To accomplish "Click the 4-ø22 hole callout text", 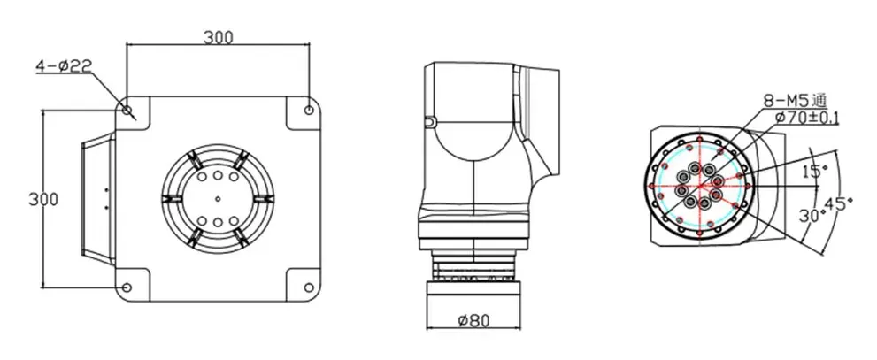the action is point(63,66).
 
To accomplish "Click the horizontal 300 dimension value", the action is point(218,37).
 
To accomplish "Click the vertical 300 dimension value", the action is point(43,199).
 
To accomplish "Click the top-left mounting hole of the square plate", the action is point(127,110).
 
